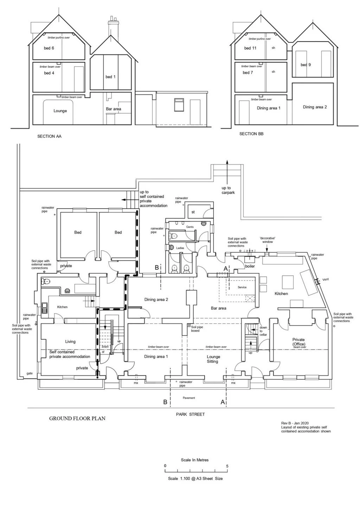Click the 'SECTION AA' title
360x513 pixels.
click(x=49, y=136)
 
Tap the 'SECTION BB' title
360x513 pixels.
click(x=251, y=134)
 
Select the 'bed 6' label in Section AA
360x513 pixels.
click(x=49, y=48)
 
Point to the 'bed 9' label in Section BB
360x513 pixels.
click(x=306, y=65)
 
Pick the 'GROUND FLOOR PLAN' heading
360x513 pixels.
click(x=77, y=418)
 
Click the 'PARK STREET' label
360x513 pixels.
click(x=190, y=414)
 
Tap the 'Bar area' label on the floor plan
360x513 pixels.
click(x=218, y=308)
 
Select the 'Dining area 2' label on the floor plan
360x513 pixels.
click(x=156, y=300)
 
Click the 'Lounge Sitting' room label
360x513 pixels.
click(x=213, y=359)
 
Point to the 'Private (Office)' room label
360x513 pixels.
click(x=298, y=342)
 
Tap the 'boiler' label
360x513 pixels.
click(x=250, y=266)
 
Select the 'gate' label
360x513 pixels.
click(x=30, y=373)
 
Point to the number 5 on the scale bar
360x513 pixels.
click(x=227, y=466)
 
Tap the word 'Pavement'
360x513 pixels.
click(x=189, y=398)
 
